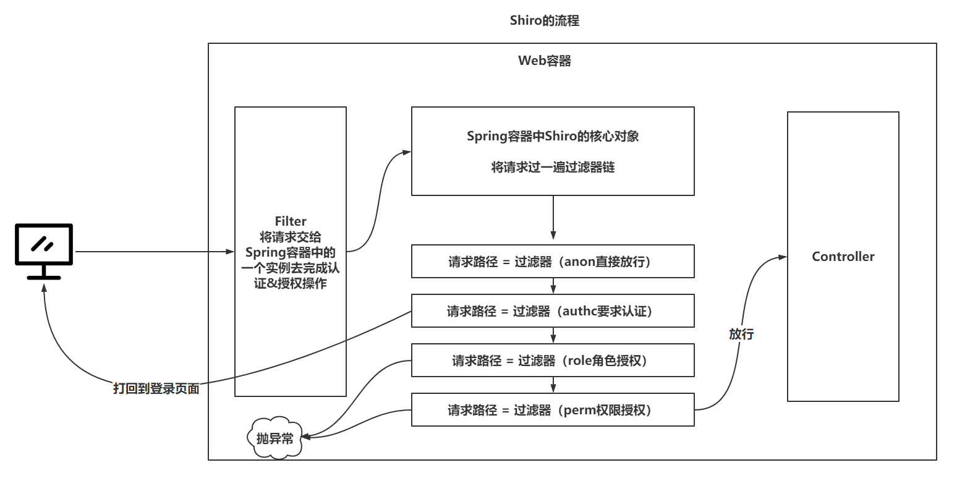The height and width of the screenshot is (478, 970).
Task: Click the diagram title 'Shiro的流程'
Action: tap(544, 20)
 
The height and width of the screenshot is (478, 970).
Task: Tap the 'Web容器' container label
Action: tap(544, 61)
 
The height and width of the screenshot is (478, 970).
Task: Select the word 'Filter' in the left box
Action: tap(290, 221)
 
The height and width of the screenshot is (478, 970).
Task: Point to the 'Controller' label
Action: tap(843, 257)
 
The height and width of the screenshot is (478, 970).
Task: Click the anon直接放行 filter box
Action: tap(553, 262)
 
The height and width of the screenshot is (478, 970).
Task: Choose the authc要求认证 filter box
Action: tap(553, 311)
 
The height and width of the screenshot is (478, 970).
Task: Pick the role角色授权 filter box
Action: tap(553, 361)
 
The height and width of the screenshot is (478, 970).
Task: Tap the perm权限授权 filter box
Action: tap(553, 410)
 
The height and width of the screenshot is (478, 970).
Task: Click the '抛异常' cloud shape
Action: tap(275, 438)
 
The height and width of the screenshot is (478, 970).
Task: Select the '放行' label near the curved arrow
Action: tap(741, 334)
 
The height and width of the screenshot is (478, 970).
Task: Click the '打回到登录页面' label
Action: tap(156, 388)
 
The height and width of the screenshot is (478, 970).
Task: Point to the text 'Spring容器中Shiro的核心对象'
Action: tap(553, 136)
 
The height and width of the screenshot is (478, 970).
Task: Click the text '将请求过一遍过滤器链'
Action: tap(553, 167)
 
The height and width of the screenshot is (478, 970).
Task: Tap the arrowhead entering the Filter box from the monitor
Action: tap(231, 252)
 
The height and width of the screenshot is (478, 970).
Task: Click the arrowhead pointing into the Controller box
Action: tap(783, 257)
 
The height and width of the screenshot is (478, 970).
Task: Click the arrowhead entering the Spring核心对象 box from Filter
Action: tap(407, 152)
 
